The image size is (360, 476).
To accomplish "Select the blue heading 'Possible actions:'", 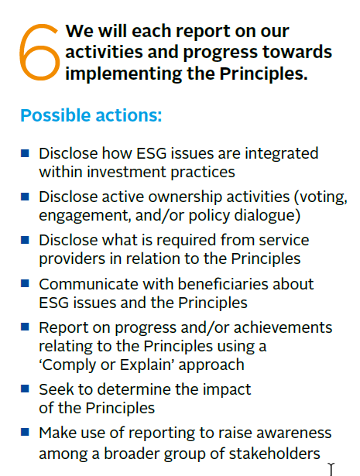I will pyautogui.click(x=91, y=115).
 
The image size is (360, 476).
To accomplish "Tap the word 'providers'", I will pyautogui.click(x=70, y=258).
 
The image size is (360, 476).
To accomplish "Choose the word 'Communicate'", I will pyautogui.click(x=87, y=284).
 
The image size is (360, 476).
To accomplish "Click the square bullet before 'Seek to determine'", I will pyautogui.click(x=25, y=388).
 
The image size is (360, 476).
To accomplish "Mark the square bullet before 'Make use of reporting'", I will pyautogui.click(x=25, y=431).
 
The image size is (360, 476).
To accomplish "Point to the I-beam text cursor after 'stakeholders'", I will pyautogui.click(x=331, y=467).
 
